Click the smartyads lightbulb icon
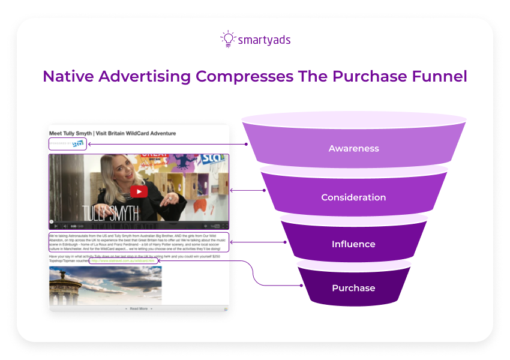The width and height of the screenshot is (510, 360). (x=227, y=38)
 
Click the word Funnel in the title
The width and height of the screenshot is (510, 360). (x=436, y=76)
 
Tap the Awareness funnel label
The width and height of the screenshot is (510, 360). (x=353, y=148)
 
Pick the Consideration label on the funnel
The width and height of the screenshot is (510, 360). (x=353, y=197)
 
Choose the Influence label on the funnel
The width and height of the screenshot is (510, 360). (x=353, y=244)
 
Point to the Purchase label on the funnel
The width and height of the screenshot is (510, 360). (x=353, y=288)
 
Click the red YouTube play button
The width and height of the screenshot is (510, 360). (x=139, y=191)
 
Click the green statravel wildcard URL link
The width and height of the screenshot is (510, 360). (x=124, y=261)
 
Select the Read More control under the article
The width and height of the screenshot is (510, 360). (x=139, y=308)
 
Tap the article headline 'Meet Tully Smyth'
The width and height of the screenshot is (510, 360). (x=112, y=133)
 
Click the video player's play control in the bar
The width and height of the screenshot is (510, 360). (x=56, y=226)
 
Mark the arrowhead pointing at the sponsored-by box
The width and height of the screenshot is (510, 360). (x=89, y=144)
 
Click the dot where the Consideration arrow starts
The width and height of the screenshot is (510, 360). (x=265, y=191)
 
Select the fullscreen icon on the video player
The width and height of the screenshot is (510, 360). (x=226, y=226)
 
